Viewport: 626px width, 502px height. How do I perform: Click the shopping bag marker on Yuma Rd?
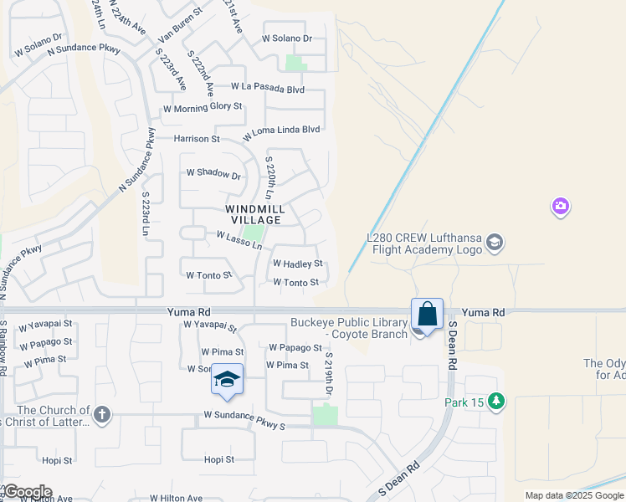(427, 315)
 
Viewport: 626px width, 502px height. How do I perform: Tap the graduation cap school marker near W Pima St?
(228, 380)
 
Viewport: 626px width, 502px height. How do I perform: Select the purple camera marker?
(561, 206)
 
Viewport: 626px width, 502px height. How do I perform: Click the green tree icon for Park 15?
(497, 402)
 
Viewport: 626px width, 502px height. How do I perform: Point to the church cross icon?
(102, 413)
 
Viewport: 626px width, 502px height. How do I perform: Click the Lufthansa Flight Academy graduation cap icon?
(495, 243)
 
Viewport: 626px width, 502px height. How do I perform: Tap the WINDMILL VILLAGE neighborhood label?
(255, 214)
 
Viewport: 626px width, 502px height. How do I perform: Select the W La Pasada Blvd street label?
(268, 87)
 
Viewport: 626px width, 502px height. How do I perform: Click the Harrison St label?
(197, 138)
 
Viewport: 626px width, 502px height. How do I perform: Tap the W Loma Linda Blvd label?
(282, 132)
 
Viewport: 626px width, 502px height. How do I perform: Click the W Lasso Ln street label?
(239, 241)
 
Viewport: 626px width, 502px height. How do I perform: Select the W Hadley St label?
(297, 264)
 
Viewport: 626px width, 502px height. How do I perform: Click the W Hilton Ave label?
(177, 498)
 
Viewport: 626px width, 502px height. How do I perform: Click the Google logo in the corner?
(27, 492)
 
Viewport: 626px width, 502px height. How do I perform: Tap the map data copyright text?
(573, 495)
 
